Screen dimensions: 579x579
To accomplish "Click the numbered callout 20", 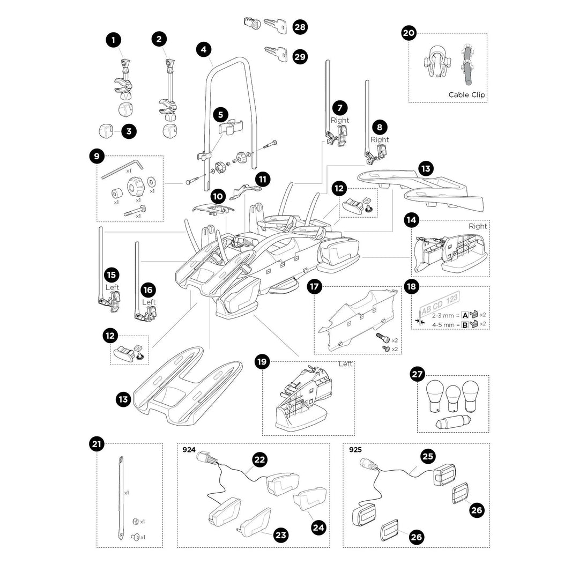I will tap(409, 33).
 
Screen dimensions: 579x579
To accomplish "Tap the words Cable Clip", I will tap(466, 95).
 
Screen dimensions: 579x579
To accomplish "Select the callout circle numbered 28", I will tap(300, 27).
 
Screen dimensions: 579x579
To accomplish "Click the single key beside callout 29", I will tap(276, 53).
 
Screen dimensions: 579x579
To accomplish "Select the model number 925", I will tap(355, 450).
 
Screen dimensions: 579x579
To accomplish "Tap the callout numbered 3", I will tap(128, 130).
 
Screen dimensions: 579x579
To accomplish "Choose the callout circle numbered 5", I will tap(220, 114).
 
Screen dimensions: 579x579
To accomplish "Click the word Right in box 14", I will tap(478, 226).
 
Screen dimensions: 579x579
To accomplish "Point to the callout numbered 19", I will tap(262, 362).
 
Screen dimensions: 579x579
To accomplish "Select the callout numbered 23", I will tap(280, 535).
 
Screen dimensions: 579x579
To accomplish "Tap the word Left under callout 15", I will tap(112, 287).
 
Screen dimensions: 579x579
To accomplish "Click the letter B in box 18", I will tap(465, 325).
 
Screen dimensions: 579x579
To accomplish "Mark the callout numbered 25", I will tap(428, 456).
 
